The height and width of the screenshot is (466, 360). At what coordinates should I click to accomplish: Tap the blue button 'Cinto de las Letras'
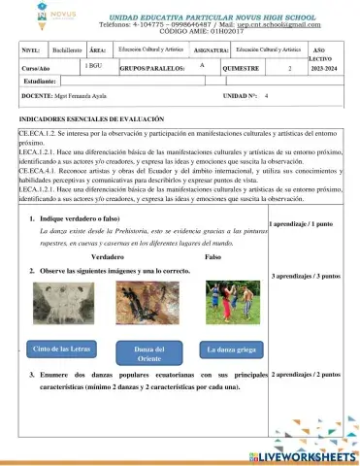(x=62, y=349)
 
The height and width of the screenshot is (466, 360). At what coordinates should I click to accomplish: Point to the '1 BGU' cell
(x=94, y=65)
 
